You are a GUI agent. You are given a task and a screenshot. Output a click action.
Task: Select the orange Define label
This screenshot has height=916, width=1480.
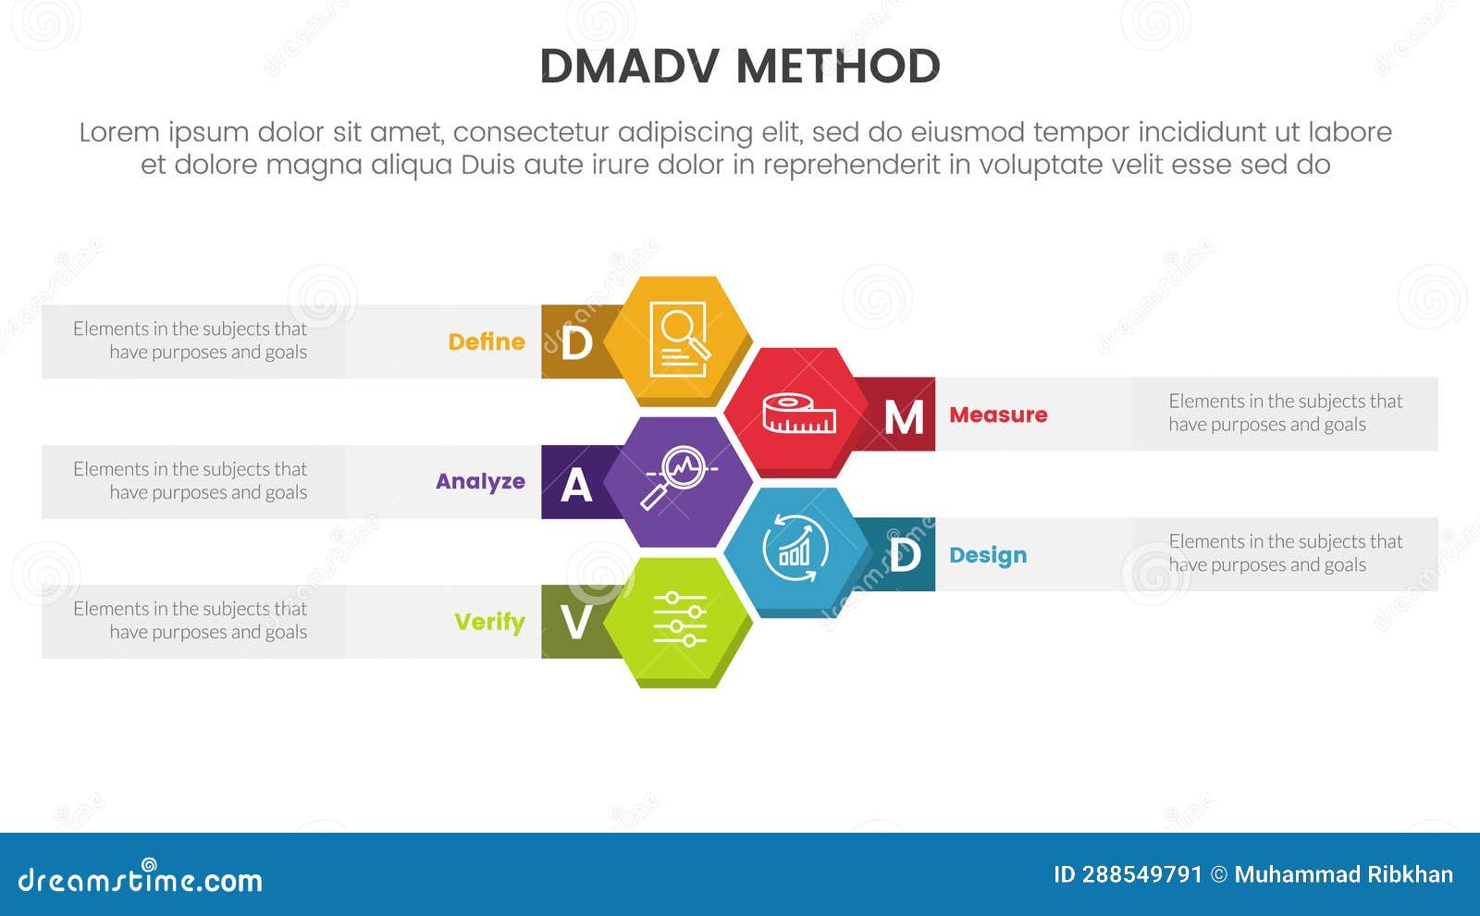point(487,341)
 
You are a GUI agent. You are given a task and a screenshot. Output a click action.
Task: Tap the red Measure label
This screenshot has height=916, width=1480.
point(998,415)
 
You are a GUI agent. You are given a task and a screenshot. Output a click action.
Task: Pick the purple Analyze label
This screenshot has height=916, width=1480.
point(480,481)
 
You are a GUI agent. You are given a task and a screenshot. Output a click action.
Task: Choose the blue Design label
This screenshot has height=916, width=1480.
point(988,555)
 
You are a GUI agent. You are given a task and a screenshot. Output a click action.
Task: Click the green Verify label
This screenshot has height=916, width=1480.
point(489,622)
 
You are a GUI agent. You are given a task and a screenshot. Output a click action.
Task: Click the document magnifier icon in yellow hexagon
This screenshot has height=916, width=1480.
point(679,339)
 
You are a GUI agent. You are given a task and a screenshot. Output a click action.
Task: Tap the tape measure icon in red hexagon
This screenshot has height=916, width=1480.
point(798,414)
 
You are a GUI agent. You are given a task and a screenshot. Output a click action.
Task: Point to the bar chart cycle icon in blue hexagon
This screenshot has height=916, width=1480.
point(795,549)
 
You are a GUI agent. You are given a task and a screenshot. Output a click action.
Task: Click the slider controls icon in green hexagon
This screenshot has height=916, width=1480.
point(679,619)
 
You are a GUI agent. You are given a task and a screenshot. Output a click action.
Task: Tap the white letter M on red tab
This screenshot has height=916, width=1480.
point(904,417)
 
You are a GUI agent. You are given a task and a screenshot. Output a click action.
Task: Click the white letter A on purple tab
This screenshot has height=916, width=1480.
point(576,485)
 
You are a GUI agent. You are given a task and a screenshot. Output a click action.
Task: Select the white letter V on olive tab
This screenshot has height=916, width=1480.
point(575,623)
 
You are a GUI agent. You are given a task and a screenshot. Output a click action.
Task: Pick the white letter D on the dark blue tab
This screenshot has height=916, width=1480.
point(904,556)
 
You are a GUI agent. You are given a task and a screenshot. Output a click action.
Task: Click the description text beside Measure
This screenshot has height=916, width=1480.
point(1285,413)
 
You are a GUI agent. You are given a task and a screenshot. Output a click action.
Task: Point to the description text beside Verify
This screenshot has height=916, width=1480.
point(191,620)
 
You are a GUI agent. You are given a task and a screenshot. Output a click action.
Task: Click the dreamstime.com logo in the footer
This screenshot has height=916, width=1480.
point(141,878)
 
